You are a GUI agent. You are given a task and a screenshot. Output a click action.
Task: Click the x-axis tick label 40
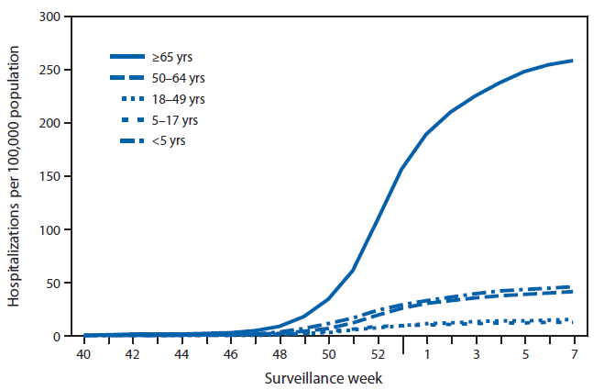click(84, 353)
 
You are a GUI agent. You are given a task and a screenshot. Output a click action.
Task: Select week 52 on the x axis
click(378, 353)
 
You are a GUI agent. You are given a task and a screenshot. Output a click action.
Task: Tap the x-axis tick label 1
click(426, 353)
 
